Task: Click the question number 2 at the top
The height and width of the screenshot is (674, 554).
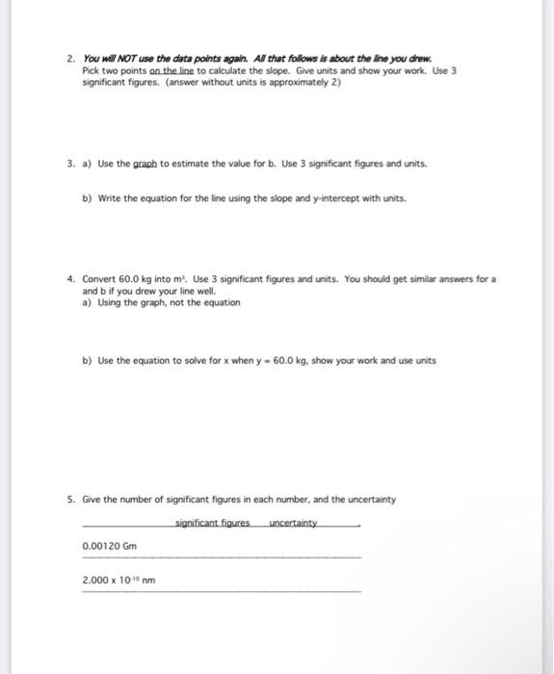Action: click(x=71, y=59)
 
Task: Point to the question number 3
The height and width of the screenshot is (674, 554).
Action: click(x=71, y=164)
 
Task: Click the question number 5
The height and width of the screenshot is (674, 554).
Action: click(x=71, y=500)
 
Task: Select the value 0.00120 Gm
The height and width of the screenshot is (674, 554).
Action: click(x=110, y=546)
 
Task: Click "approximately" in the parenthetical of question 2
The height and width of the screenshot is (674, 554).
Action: click(x=279, y=83)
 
